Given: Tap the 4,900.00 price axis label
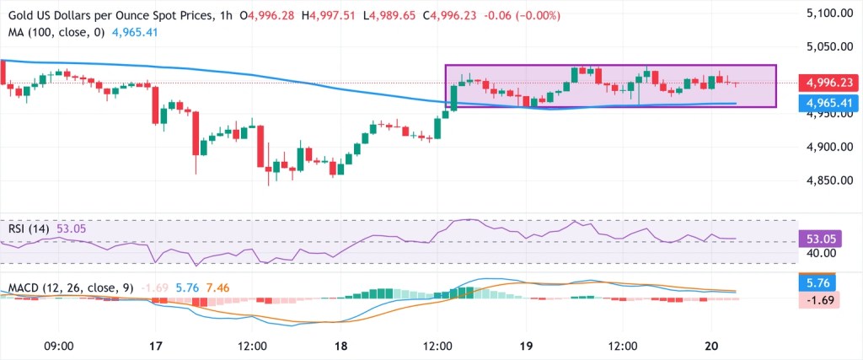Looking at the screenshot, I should (x=823, y=147).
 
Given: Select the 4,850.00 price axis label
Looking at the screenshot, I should (x=823, y=180).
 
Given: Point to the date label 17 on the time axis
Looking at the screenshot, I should (x=156, y=346).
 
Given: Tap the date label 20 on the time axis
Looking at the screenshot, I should (x=711, y=346).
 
